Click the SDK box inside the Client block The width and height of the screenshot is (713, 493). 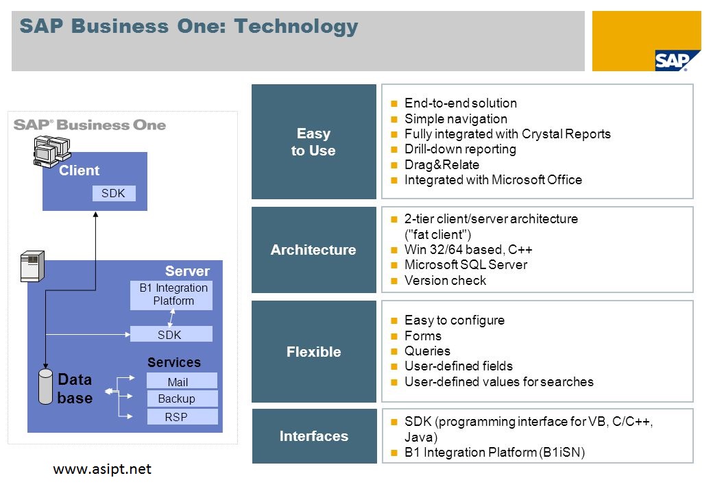[x=113, y=194]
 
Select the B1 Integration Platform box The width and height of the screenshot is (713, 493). [x=171, y=295]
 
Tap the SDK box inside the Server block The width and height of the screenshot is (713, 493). [x=171, y=334]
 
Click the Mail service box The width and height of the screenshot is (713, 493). [x=181, y=381]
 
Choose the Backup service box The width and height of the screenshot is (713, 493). [x=181, y=399]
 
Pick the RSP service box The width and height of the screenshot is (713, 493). [x=181, y=416]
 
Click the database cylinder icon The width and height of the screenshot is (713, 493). [x=46, y=388]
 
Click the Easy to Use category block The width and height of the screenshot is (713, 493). [x=313, y=142]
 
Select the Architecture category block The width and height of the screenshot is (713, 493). [x=313, y=250]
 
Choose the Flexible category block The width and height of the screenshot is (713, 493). [x=313, y=351]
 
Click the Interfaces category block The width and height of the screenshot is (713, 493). [x=313, y=436]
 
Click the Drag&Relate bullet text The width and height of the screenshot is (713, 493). [x=442, y=164]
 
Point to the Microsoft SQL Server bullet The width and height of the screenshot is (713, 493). [x=466, y=265]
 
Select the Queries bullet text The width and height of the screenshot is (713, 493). [x=427, y=351]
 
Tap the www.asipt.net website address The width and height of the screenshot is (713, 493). [x=102, y=469]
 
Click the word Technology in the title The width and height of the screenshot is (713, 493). [x=296, y=27]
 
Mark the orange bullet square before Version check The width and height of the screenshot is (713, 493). [x=394, y=281]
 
